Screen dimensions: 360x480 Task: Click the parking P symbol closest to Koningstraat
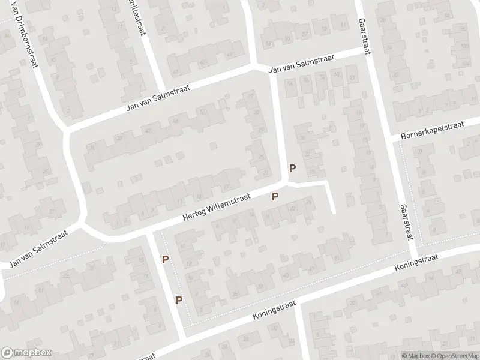[179, 300]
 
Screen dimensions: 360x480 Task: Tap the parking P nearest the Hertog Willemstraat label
[275, 196]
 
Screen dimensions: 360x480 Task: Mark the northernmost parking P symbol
[293, 169]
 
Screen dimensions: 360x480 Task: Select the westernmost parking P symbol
[165, 259]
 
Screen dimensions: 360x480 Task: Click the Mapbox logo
[26, 353]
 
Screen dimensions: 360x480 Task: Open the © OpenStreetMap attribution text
[453, 355]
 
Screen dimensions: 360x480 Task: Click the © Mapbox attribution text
[415, 355]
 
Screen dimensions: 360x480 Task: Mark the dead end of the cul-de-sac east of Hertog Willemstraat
[334, 212]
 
